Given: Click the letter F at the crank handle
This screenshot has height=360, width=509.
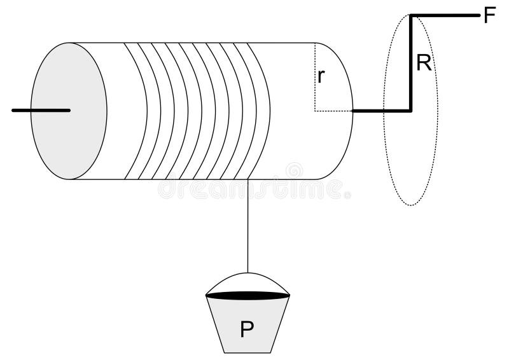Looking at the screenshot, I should (489, 15).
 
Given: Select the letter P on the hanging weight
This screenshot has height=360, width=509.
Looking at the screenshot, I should (247, 329).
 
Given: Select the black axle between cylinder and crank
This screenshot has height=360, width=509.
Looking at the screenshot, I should (380, 111).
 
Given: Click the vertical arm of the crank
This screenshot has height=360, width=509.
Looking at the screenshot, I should (412, 64).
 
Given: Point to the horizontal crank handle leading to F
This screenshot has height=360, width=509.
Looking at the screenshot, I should (445, 15).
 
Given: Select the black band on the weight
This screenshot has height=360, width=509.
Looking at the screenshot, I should (248, 295).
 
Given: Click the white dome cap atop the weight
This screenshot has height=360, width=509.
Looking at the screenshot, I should (248, 282).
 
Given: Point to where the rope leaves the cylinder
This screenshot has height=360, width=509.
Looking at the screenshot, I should (248, 180).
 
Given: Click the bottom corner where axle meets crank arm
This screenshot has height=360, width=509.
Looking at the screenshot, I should (412, 111).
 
